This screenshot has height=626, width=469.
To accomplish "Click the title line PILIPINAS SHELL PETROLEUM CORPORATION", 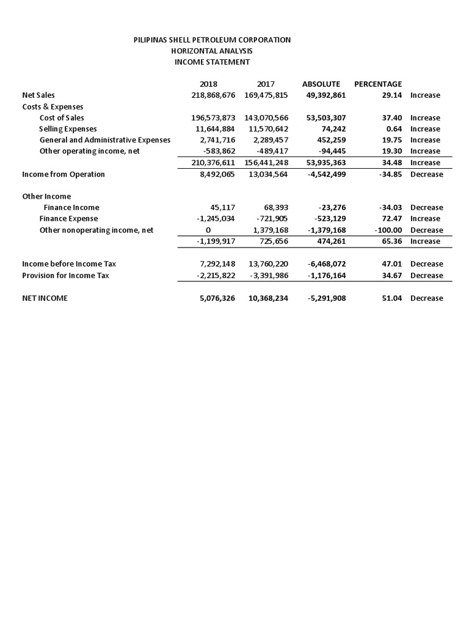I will [212, 40].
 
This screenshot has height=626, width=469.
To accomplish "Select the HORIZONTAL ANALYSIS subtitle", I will [212, 51].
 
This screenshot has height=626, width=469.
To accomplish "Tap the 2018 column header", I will [208, 84].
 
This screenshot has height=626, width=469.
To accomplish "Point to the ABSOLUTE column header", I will [321, 84].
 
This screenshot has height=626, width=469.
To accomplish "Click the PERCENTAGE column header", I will [378, 84].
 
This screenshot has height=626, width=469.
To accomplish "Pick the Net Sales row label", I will [38, 95].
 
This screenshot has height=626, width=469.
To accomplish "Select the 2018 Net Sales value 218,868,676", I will [209, 95].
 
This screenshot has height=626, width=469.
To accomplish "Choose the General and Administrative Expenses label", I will [104, 140].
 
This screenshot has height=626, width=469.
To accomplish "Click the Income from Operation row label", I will [64, 174].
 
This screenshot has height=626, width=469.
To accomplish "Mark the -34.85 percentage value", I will [390, 174].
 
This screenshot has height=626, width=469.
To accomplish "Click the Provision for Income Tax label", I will [65, 275].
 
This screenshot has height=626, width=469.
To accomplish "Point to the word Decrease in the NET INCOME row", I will [426, 298].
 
